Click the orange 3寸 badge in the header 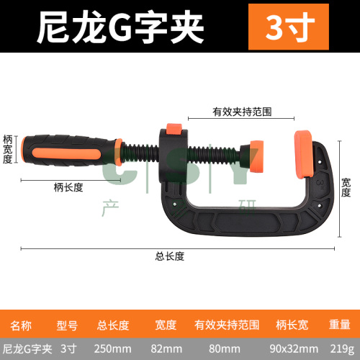(289, 27)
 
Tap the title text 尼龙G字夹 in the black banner (120, 27)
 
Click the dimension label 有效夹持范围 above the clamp (242, 112)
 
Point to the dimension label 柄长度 (68, 187)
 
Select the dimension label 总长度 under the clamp (170, 256)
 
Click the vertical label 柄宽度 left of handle (7, 149)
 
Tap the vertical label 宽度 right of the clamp (346, 188)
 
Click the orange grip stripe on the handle (66, 155)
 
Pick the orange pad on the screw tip (256, 156)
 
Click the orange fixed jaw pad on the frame (304, 154)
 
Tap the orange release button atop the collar (174, 130)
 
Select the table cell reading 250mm (112, 349)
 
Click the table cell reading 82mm (166, 349)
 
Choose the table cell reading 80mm (225, 349)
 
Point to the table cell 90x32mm (294, 349)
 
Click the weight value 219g (342, 349)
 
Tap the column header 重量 (340, 325)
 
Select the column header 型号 (67, 325)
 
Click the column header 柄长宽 (292, 325)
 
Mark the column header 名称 (21, 325)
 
